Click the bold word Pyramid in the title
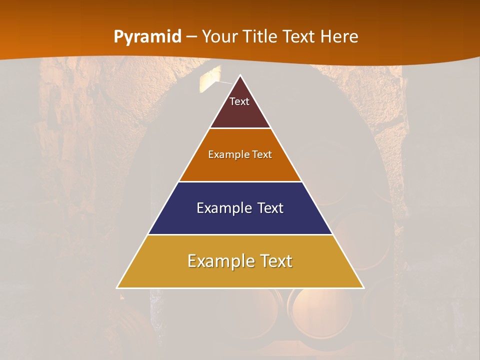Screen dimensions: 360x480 click(147, 37)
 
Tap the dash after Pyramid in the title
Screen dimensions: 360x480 click(191, 37)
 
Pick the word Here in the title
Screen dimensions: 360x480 click(339, 37)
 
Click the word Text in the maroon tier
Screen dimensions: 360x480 click(239, 101)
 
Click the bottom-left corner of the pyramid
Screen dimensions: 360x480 click(117, 287)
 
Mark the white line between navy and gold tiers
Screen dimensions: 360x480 click(240, 234)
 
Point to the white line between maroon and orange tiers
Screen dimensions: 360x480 click(240, 128)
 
